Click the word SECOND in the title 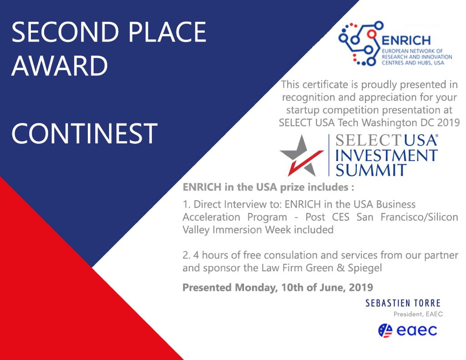click(x=65, y=32)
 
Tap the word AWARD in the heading click(x=60, y=66)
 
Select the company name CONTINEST click(x=84, y=133)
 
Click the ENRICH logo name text click(x=406, y=41)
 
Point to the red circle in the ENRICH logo click(x=371, y=34)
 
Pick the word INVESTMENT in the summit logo click(x=386, y=155)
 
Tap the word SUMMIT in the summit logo click(x=371, y=170)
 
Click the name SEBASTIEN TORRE click(x=403, y=303)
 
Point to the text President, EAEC click(x=418, y=314)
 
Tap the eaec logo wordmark click(x=417, y=330)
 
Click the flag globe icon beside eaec click(x=385, y=330)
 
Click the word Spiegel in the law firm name click(x=365, y=268)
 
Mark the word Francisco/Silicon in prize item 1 click(x=419, y=217)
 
